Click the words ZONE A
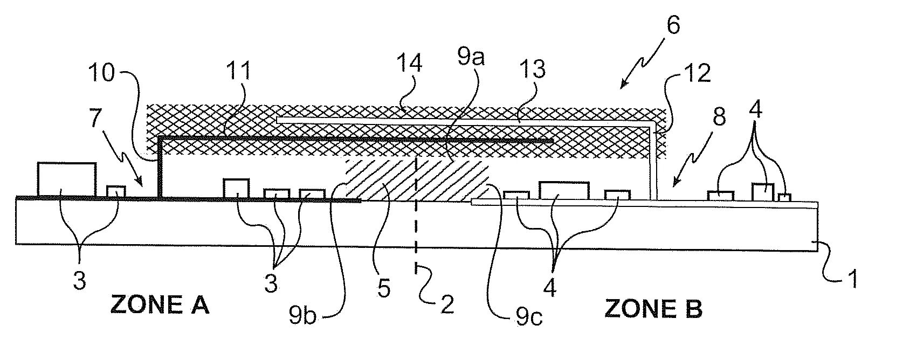point(160,306)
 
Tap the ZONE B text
point(653,309)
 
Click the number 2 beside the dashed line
point(447,304)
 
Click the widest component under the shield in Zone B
point(564,191)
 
